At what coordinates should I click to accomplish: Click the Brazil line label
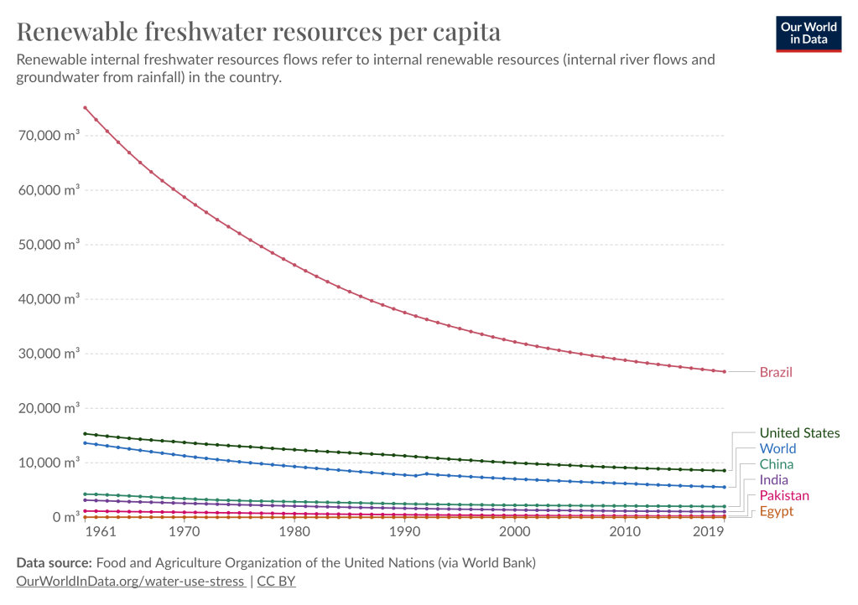coord(776,372)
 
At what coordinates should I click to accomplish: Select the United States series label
coord(799,433)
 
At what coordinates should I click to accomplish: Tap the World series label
coord(777,449)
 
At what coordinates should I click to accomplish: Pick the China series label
coord(776,464)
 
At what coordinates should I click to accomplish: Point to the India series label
coord(773,480)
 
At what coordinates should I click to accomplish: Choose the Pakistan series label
coord(784,496)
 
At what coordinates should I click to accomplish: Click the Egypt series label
coord(776,511)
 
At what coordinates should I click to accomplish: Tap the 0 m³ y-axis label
coord(64,517)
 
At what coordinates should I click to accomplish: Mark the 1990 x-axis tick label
coord(404,533)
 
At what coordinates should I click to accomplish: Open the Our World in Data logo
coord(809,33)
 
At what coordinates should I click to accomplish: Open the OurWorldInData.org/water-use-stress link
coord(131,580)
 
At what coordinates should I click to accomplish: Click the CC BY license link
coord(276,580)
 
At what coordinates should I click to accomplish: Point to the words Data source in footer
coord(54,561)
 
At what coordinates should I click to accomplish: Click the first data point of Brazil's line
coord(85,108)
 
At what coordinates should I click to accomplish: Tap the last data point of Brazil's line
coord(724,371)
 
